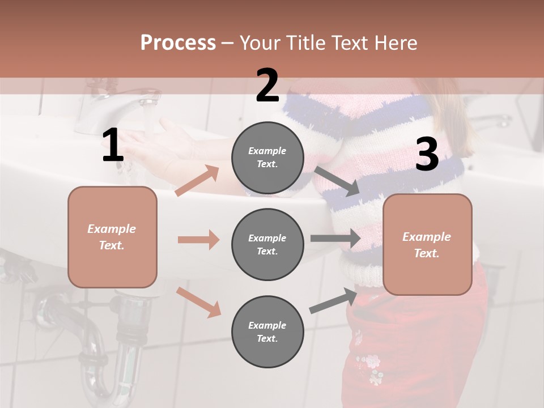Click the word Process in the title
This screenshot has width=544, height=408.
pyautogui.click(x=178, y=42)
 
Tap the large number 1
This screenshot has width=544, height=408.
pyautogui.click(x=113, y=146)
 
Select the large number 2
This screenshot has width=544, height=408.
pyautogui.click(x=267, y=85)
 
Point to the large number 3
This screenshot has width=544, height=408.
pyautogui.click(x=427, y=155)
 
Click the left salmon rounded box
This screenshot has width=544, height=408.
pyautogui.click(x=112, y=237)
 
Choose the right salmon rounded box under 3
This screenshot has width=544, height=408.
pyautogui.click(x=427, y=244)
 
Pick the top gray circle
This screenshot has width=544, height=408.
pyautogui.click(x=267, y=158)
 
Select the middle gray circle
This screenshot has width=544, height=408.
pyautogui.click(x=267, y=244)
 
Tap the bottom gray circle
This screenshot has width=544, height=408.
pyautogui.click(x=267, y=331)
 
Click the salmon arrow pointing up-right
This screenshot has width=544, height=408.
pyautogui.click(x=197, y=181)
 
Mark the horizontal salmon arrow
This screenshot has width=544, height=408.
pyautogui.click(x=198, y=240)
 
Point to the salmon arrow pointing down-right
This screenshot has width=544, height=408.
pyautogui.click(x=198, y=301)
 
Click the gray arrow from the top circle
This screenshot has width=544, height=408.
pyautogui.click(x=337, y=181)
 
